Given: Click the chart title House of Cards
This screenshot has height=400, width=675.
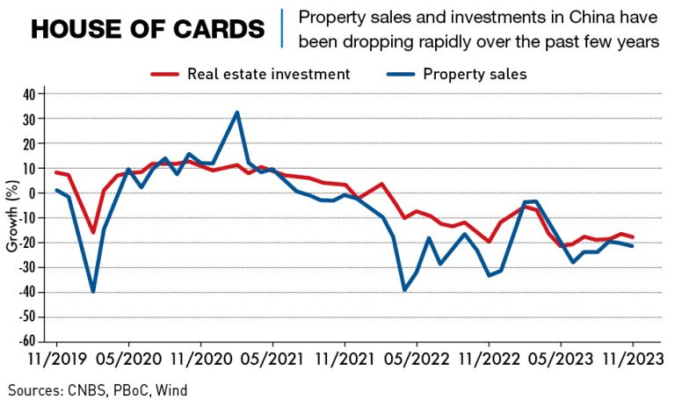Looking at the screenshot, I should point(147,29).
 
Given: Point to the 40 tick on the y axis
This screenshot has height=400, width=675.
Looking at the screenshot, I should point(28,93).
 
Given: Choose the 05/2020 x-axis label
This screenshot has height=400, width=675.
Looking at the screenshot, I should point(128,360).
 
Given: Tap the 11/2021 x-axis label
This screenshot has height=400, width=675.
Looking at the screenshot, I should point(345,360).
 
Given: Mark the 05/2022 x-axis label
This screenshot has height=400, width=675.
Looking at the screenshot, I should point(417,360).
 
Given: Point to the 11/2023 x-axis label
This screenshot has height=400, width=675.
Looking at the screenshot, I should point(633,360).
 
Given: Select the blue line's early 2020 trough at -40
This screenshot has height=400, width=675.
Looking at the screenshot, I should point(92,291).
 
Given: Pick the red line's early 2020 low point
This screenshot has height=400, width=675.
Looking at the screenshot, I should point(93,232).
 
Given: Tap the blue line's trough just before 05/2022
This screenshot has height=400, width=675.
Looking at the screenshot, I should point(404,290).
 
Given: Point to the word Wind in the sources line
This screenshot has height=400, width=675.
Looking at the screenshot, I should point(171,389).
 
